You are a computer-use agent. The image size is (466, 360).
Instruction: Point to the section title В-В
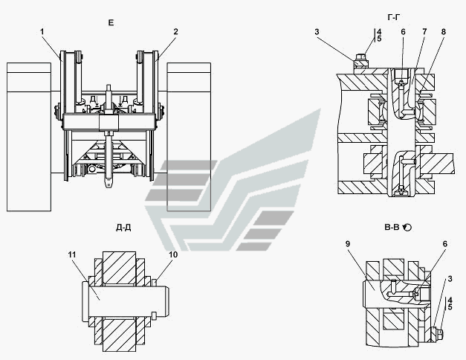point(389,228)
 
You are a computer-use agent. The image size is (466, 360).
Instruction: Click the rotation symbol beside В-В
point(408,228)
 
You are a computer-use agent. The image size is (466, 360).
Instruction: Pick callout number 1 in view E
point(43,31)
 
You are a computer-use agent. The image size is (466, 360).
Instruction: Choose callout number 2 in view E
point(176,31)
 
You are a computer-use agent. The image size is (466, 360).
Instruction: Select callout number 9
point(348,243)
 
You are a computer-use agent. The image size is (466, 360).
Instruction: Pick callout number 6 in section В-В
point(445,243)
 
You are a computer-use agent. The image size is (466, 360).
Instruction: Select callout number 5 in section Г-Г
point(378,39)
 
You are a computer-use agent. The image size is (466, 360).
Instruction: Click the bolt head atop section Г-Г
point(361,57)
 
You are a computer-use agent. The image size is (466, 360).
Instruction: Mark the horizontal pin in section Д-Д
point(119,292)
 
